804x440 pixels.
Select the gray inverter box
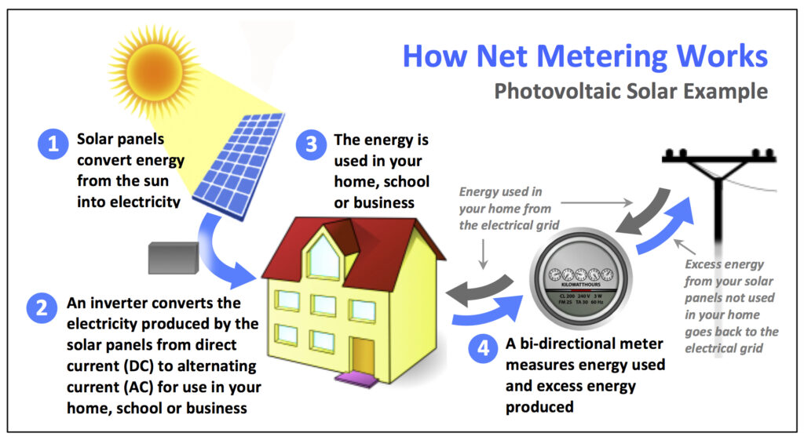pyautogui.click(x=174, y=257)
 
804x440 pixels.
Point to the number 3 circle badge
pyautogui.click(x=312, y=144)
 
